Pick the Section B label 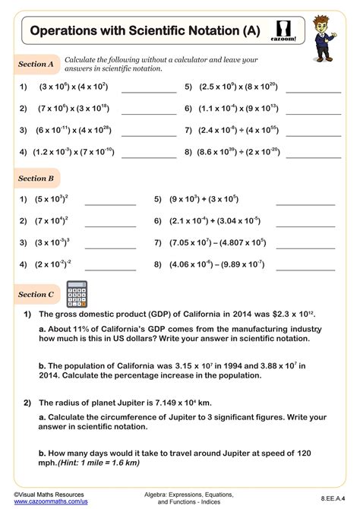click(36, 179)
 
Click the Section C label click(36, 294)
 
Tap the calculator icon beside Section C click(77, 293)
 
